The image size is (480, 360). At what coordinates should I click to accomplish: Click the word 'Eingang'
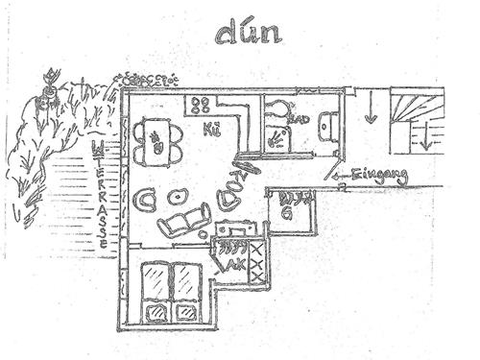(380, 176)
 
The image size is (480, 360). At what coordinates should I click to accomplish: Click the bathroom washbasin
(328, 126)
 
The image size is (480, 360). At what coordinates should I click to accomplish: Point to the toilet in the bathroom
(279, 110)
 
